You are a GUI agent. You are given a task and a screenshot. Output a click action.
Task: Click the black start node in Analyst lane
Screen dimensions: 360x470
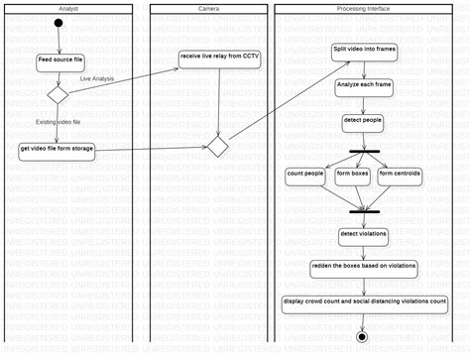59,23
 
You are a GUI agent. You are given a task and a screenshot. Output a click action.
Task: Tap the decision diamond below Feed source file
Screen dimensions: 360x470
58,94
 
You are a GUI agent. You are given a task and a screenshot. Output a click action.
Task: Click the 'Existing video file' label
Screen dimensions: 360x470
59,121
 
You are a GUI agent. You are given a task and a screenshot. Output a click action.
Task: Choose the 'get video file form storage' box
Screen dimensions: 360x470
58,150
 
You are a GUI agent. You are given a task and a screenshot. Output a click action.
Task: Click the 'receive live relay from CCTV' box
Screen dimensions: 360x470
219,57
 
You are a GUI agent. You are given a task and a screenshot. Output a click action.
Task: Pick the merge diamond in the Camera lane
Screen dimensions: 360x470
218,146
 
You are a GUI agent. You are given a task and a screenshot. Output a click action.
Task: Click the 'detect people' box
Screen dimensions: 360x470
362,121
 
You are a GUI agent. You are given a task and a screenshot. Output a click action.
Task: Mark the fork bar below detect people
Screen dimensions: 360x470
365,151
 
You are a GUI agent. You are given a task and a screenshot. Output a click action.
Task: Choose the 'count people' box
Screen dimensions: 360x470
305,174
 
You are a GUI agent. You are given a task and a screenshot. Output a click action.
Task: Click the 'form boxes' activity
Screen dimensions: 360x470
352,174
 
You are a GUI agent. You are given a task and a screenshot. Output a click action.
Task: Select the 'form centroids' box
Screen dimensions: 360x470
400,174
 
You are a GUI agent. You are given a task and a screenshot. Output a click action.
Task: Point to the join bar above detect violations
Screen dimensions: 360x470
365,210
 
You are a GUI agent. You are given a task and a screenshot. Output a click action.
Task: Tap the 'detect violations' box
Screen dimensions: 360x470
363,235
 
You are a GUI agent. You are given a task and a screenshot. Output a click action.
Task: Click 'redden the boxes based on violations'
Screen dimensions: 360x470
363,268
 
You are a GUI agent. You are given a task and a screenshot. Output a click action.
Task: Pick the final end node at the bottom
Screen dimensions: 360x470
362,337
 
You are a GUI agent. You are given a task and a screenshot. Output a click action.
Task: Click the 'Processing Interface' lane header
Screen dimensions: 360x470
365,8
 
